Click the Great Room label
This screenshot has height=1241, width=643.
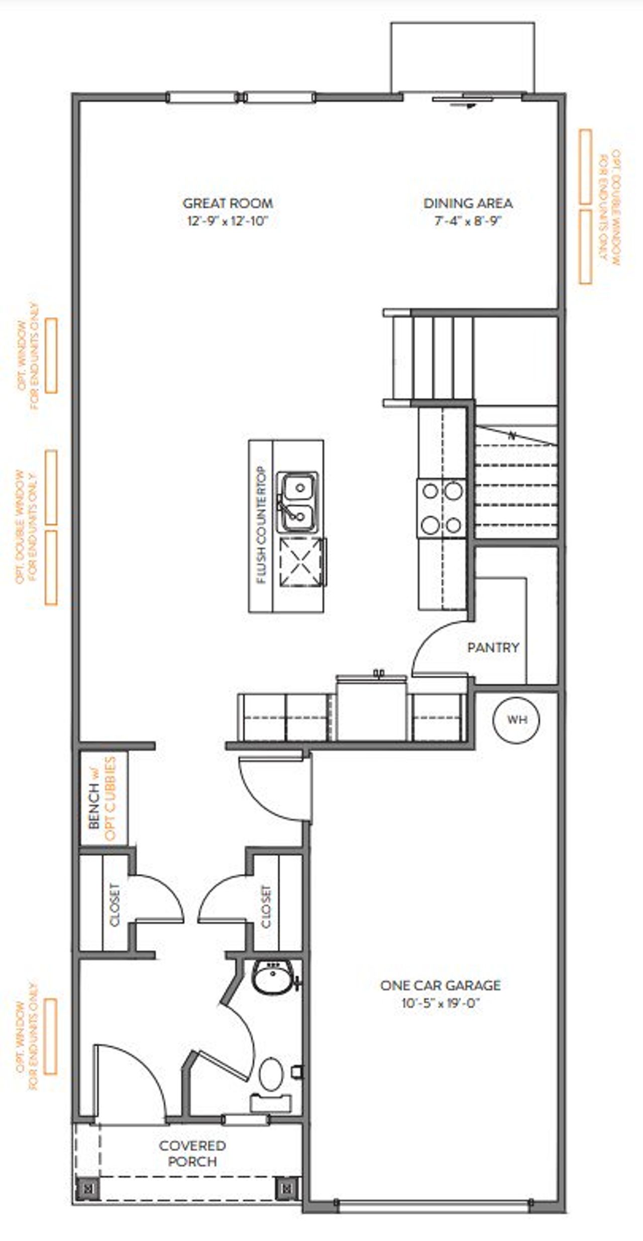[x=228, y=203]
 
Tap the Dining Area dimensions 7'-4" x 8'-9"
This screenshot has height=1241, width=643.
[x=468, y=221]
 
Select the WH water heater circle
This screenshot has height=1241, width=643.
[x=516, y=719]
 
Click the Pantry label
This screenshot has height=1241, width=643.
[x=493, y=648]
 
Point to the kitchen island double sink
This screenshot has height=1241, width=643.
[x=298, y=502]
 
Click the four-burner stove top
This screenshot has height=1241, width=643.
[x=442, y=509]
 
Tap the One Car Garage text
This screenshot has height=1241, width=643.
[x=440, y=985]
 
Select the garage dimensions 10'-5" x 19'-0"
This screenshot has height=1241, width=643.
[x=440, y=1003]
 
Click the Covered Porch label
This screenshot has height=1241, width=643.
[x=192, y=1153]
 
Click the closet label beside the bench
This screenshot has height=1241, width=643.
[x=115, y=905]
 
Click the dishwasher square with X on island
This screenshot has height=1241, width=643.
[x=300, y=561]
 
